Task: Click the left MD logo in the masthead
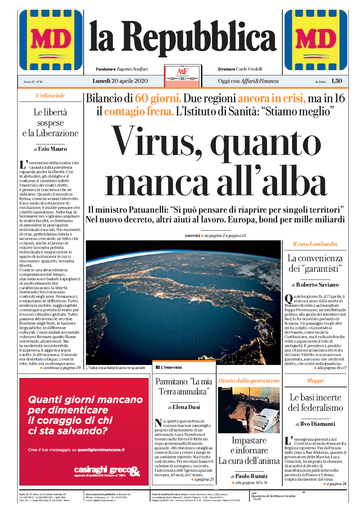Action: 51,40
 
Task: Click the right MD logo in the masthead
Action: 316,40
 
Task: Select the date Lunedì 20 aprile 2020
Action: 120,81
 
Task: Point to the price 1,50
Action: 336,81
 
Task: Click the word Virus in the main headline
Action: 157,142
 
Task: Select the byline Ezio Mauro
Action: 52,149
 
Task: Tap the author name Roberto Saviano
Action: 317,285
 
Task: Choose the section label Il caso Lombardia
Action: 315,244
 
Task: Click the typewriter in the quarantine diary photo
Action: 264,422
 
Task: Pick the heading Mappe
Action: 315,381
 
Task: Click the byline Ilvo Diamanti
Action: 317,424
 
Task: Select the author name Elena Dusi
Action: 186,407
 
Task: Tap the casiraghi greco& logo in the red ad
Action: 107,471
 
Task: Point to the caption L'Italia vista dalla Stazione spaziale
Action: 116,368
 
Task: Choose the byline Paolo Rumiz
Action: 251,476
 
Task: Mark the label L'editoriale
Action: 50,96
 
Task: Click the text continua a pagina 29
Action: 62,368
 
